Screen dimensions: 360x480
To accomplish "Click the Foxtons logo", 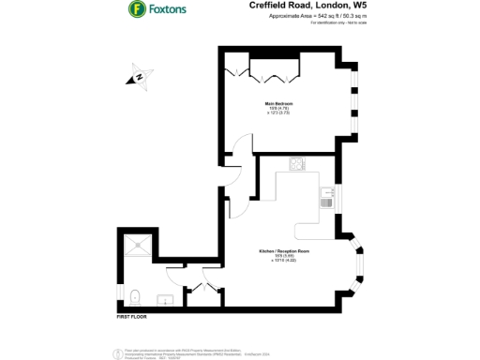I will coord(136,11).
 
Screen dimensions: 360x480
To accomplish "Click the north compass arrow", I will coord(138,77).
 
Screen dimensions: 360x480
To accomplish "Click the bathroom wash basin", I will coord(163,301).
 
